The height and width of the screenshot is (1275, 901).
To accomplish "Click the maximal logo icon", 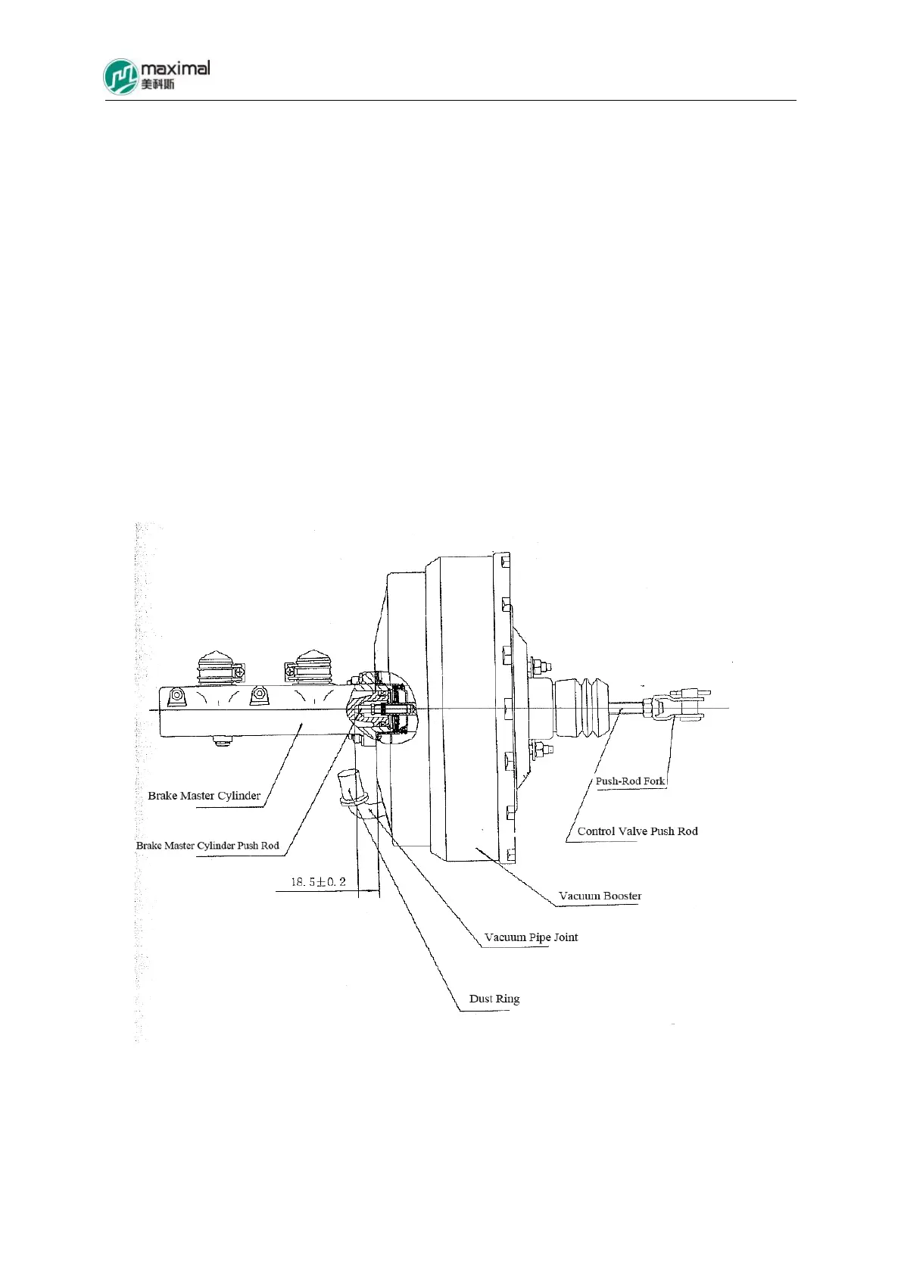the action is pos(120,76).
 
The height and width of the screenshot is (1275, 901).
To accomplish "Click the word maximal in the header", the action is pos(175,68).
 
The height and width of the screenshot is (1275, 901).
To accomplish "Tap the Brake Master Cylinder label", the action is pos(204,796).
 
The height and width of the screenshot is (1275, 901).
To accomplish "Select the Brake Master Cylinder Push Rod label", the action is pos(207,846).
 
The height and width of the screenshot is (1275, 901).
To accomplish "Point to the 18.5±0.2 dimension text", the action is pos(318,882).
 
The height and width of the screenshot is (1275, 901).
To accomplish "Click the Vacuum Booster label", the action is pos(600,896).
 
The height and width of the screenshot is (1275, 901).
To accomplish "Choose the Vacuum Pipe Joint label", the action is pos(531,937).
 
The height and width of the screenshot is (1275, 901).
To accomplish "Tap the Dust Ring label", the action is pos(494,999).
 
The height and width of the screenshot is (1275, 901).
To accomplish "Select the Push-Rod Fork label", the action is pos(630,781).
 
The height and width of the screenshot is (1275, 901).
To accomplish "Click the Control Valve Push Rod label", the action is pos(638,831).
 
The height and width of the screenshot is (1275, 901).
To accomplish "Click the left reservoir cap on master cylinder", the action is pos(218,666).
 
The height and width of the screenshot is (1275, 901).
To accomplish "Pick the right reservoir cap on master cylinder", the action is pos(312,666).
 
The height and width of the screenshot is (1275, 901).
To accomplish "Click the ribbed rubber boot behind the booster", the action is pos(581,707).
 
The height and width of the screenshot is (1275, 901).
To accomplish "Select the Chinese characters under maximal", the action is pos(157,84).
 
